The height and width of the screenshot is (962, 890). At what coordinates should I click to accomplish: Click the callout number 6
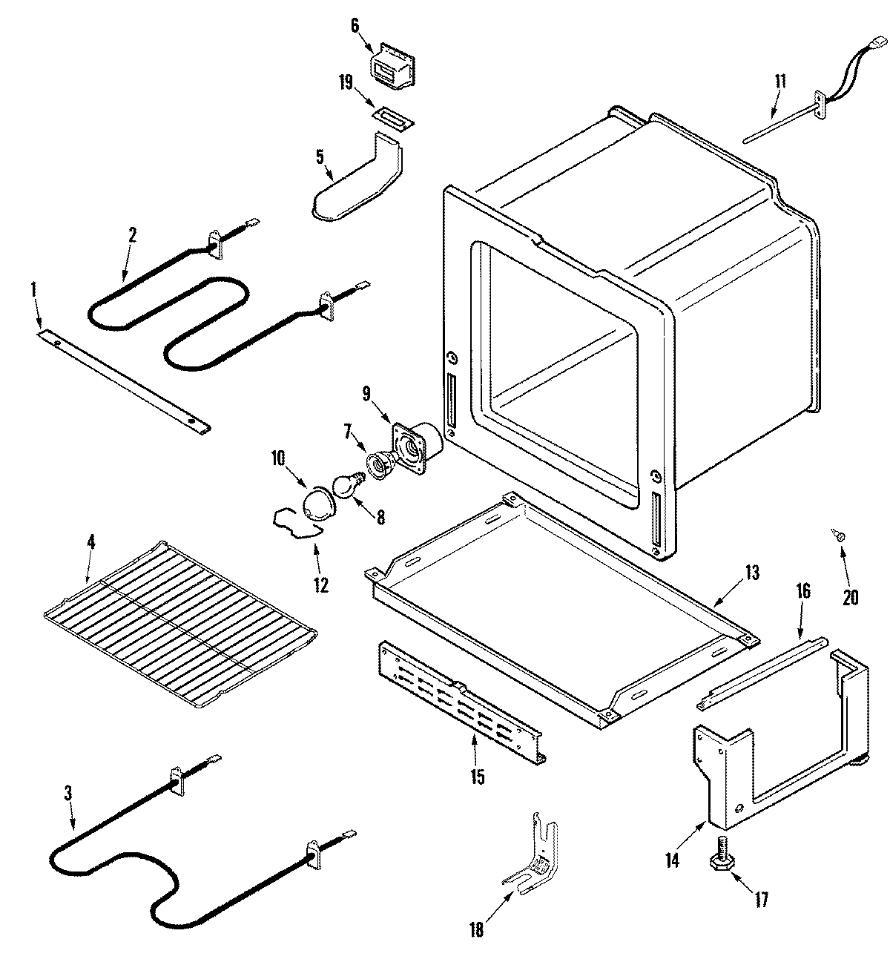click(354, 25)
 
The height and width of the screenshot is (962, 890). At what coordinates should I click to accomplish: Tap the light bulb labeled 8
click(345, 487)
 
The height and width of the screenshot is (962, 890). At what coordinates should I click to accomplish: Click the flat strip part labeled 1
click(122, 379)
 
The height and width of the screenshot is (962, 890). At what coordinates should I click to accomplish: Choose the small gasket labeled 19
click(392, 119)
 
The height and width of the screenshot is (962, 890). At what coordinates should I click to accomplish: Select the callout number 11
click(780, 80)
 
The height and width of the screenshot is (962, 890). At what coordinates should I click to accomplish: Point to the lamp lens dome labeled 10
click(317, 506)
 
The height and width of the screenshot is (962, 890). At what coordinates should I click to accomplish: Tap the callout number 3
click(67, 792)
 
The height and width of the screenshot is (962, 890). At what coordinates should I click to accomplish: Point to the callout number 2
click(132, 235)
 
